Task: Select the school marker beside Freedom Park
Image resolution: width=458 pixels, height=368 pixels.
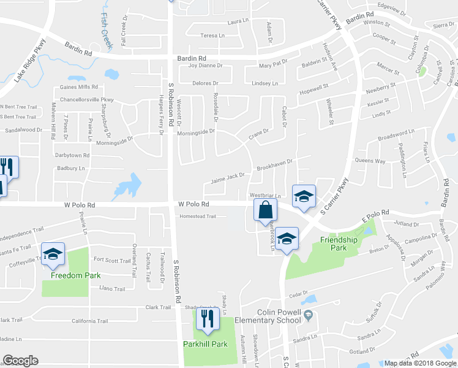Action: pos(53,255)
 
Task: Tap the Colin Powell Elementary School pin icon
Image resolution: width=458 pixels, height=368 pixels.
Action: pos(307,316)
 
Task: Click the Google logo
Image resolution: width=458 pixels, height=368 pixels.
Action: pos(20,361)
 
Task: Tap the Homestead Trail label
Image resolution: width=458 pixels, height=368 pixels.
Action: pos(197,217)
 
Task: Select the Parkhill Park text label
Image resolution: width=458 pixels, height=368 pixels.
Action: pos(205,344)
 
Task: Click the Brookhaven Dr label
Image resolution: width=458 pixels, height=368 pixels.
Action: pos(275,165)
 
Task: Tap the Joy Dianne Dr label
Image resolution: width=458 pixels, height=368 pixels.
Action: pos(206,65)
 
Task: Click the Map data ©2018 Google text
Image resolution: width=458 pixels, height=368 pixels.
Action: pos(419,362)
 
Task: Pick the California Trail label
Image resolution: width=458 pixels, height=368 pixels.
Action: pos(89,321)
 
